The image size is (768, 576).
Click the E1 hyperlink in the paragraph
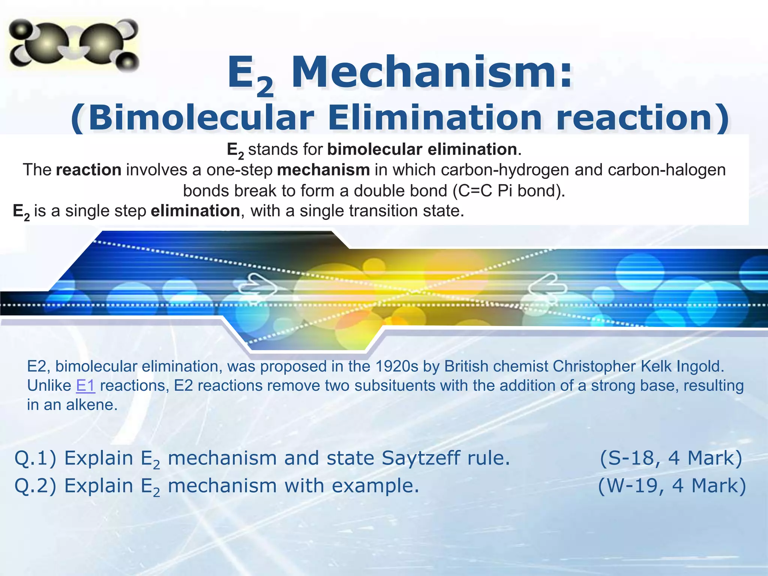(85, 386)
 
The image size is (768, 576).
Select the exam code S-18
(634, 458)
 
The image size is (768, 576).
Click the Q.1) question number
(35, 458)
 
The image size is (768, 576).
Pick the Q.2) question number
(35, 486)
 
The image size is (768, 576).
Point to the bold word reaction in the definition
(88, 170)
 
